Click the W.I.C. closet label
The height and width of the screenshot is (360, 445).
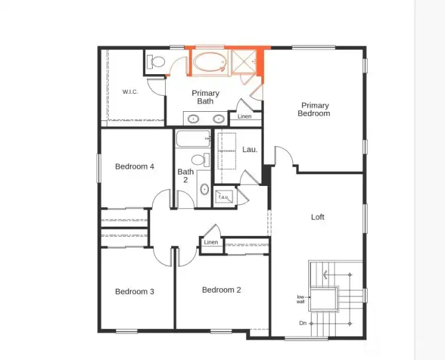(130, 92)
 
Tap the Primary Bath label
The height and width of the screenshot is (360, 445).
(205, 97)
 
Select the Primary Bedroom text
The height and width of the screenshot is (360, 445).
(314, 109)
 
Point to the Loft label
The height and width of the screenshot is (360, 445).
(318, 217)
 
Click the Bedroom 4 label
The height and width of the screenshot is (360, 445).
(135, 166)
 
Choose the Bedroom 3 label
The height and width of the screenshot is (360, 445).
(135, 291)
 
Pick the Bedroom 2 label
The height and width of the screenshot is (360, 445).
(221, 290)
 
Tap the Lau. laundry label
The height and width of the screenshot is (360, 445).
(250, 149)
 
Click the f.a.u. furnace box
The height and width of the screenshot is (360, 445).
(224, 197)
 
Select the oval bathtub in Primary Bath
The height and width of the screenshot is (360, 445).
(210, 62)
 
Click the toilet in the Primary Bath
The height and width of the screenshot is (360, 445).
(156, 62)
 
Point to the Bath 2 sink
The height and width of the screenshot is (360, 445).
(205, 189)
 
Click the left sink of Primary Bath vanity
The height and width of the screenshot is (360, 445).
(193, 119)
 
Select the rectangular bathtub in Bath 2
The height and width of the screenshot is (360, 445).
(193, 138)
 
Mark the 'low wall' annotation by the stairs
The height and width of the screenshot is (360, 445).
(300, 299)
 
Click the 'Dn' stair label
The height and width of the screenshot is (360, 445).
(303, 323)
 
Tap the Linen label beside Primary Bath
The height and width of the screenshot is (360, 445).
(244, 117)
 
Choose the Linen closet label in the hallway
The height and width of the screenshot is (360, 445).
(211, 242)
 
